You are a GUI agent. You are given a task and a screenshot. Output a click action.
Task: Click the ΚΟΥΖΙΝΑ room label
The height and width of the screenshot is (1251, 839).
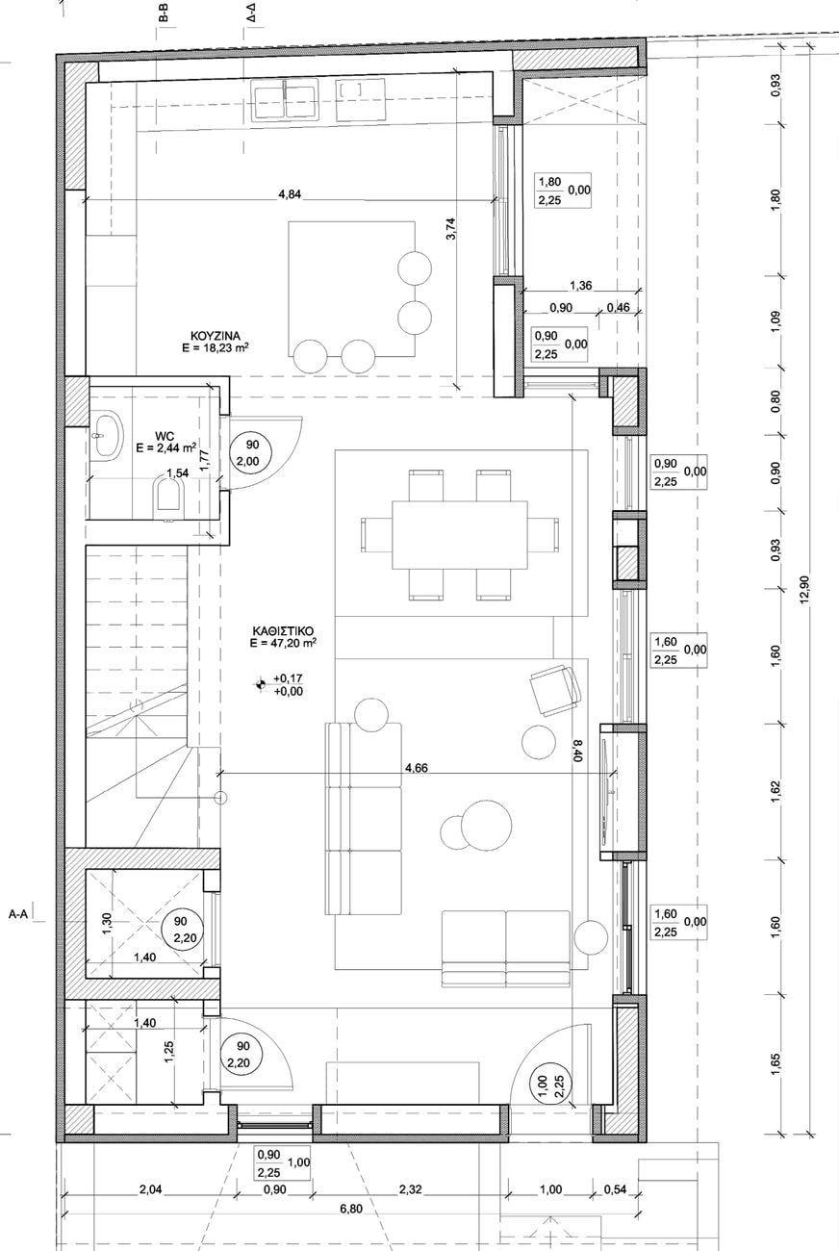215,336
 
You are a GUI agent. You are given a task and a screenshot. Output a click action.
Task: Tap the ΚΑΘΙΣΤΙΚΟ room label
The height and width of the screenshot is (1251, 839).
283,631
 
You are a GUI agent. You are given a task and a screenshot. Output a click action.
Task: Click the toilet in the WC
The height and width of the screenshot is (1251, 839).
169,495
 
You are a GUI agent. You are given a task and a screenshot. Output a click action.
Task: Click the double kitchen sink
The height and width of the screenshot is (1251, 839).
284,100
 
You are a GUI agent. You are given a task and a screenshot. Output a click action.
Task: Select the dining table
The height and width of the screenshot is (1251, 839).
459,534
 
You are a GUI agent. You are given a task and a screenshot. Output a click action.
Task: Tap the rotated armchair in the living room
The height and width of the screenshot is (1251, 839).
555,690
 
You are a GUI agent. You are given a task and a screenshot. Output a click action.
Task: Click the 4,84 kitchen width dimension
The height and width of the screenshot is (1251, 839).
290,194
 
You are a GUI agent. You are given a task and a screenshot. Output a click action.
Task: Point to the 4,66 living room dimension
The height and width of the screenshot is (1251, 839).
417,769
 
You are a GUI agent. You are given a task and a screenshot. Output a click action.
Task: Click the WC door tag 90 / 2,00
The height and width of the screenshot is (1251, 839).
252,452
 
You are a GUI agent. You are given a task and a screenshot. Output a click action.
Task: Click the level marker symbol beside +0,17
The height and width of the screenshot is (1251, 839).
260,683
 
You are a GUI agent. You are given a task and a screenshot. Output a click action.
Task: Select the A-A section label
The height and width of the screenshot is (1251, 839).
18,915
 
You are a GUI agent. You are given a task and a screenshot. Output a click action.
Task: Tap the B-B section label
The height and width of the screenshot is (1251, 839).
163,15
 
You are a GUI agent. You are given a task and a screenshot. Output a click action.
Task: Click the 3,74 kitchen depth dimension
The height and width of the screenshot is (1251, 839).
451,228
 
